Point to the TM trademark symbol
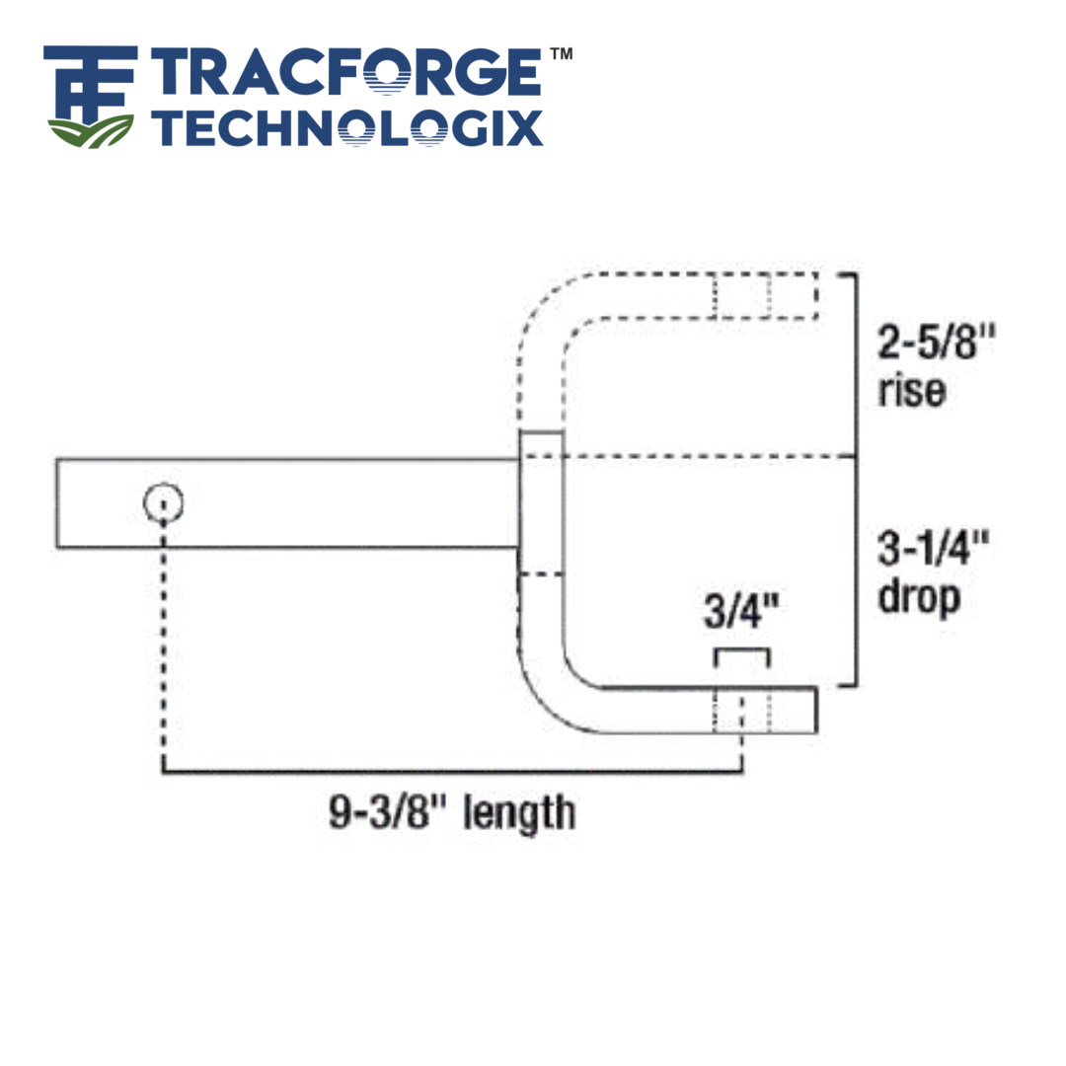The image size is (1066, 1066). pyautogui.click(x=560, y=55)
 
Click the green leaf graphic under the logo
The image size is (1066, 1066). pyautogui.click(x=91, y=130)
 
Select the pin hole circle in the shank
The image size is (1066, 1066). pyautogui.click(x=163, y=504)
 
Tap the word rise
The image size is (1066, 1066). pyautogui.click(x=910, y=391)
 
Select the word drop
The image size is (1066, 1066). pyautogui.click(x=918, y=596)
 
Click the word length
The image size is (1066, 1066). pyautogui.click(x=518, y=812)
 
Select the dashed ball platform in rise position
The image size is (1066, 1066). pyautogui.click(x=765, y=295)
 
